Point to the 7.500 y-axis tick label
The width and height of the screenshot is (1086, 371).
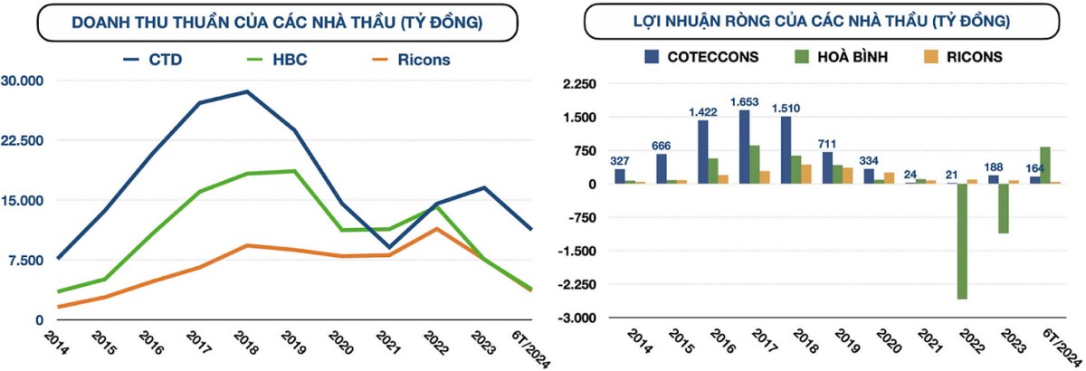tap(26, 261)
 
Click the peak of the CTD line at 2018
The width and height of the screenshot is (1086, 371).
tap(246, 91)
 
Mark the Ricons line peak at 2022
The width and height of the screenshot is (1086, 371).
tap(436, 228)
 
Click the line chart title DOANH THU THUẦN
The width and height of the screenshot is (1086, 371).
tap(276, 20)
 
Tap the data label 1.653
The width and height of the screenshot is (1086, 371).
tap(744, 102)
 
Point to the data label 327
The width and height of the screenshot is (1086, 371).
tap(619, 161)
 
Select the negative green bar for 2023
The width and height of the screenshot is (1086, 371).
tap(1004, 208)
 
